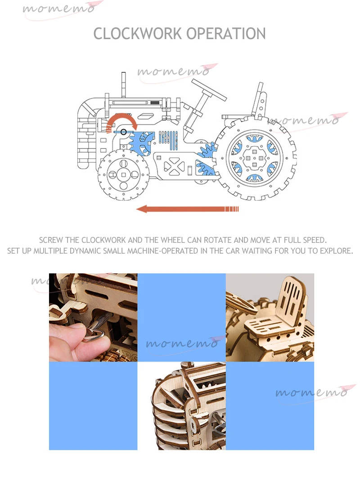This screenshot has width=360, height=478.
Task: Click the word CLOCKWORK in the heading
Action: [137, 34]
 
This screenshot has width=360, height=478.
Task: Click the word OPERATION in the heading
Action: [226, 34]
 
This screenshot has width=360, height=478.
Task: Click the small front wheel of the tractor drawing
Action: [124, 174]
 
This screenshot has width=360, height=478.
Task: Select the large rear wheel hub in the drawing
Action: [254, 158]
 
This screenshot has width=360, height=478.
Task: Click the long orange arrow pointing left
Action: [187, 209]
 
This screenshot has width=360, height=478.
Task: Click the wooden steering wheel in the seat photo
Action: [241, 302]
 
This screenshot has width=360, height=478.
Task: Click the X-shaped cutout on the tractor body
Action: [174, 166]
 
